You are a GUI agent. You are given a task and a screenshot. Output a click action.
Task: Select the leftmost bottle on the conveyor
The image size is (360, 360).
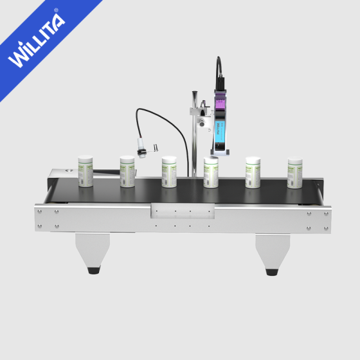(85, 170)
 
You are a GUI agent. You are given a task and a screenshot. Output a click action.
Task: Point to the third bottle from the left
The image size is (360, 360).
(169, 172)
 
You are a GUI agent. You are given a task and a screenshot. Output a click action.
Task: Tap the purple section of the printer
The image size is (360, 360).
(222, 102)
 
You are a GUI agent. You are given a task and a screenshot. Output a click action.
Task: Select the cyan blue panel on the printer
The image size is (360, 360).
(221, 129)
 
